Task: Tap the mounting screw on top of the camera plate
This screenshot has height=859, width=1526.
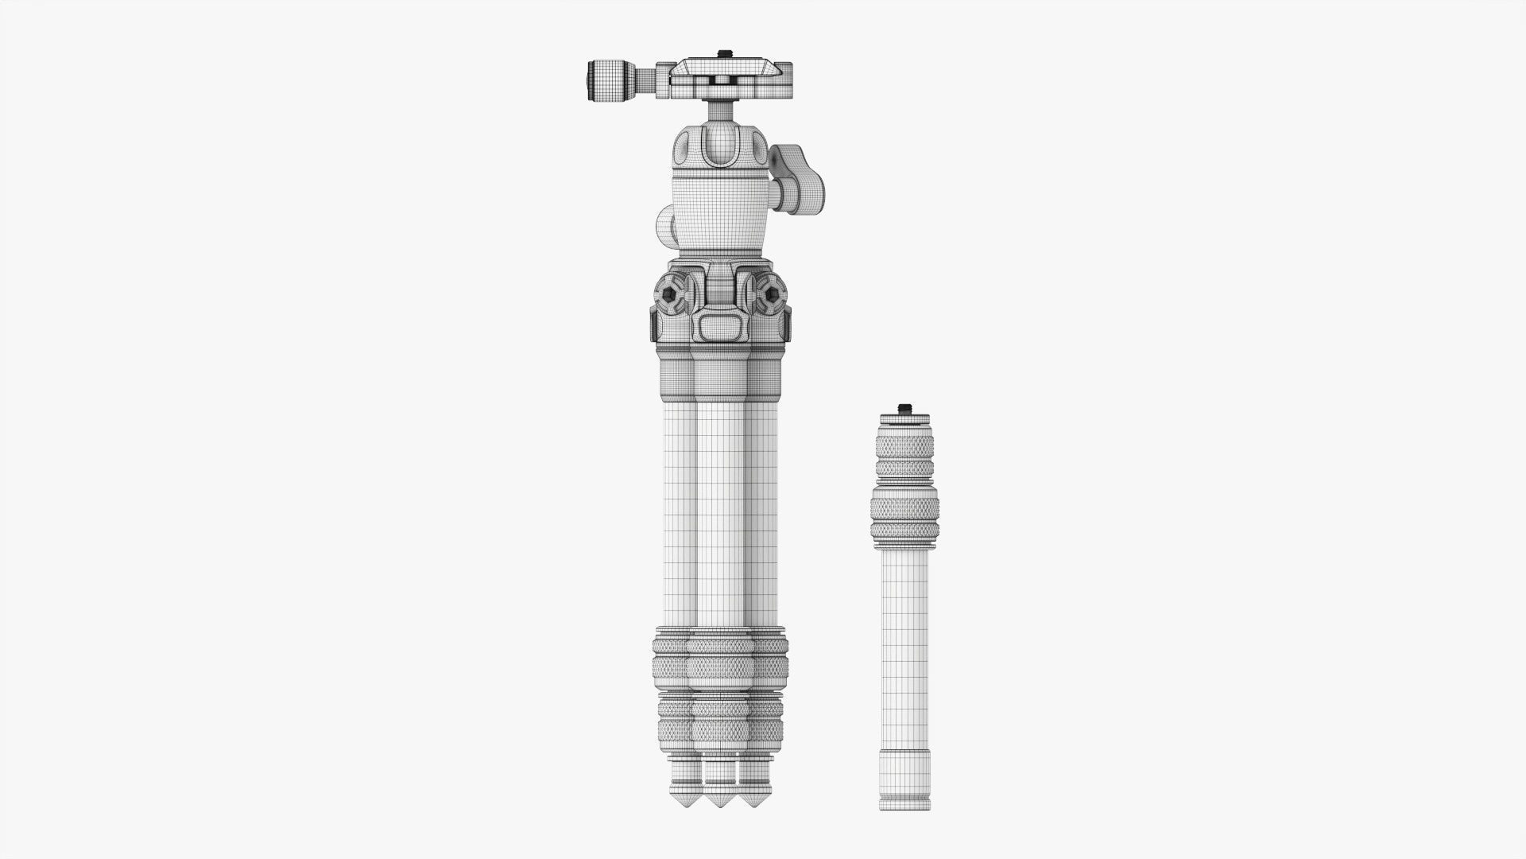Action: (723, 54)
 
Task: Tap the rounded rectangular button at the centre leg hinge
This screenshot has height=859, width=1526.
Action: (720, 326)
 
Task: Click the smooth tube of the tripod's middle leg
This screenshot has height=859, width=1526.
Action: (720, 509)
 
